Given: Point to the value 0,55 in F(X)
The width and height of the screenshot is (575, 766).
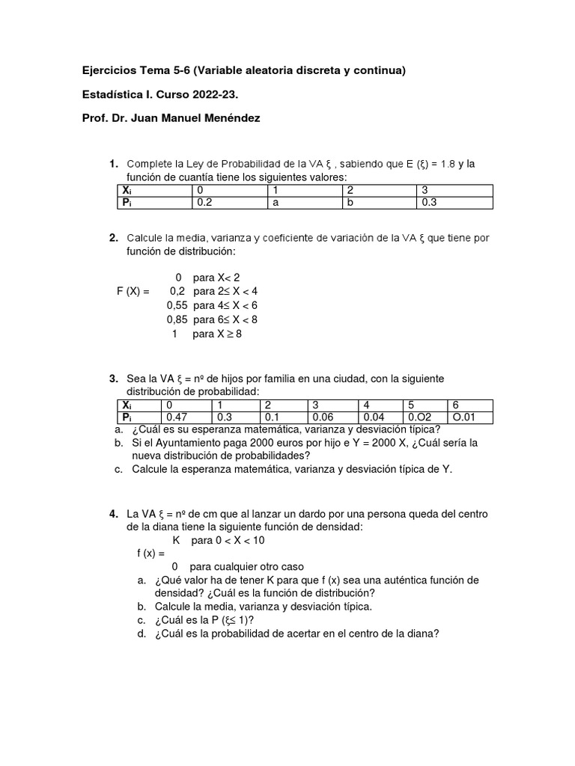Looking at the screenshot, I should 177,305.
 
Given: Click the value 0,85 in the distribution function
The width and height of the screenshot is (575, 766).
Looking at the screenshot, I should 177,319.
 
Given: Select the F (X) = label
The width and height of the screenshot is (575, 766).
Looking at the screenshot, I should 133,291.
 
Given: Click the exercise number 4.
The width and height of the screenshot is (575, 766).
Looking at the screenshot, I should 113,515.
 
